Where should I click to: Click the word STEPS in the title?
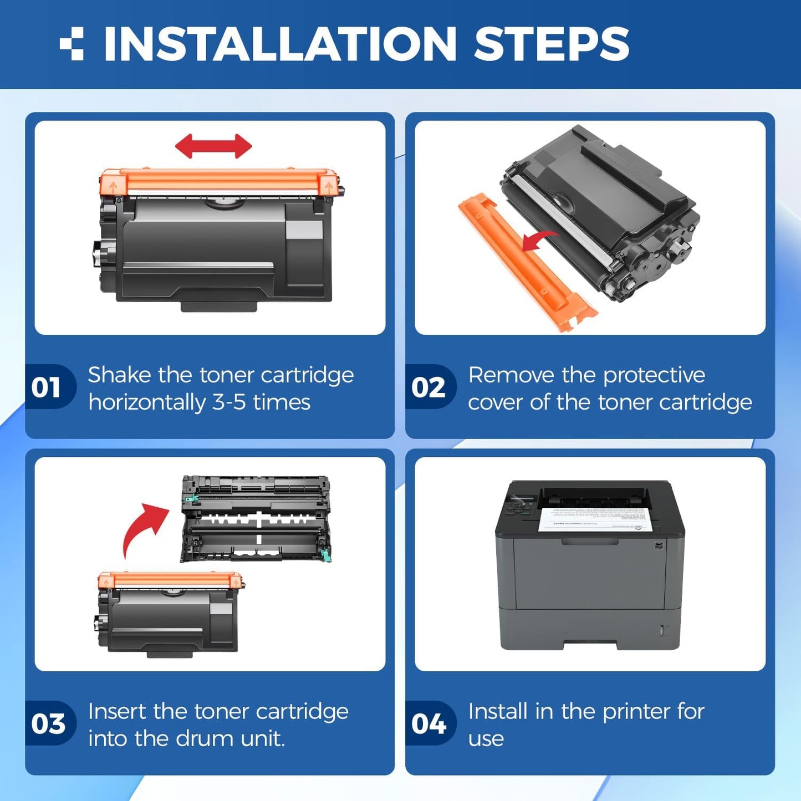551,44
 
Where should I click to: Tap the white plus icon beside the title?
72,44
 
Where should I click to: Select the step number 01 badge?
47,387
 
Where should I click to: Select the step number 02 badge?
428,387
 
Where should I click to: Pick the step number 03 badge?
48,723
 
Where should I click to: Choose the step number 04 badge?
428,723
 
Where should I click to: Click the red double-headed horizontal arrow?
213,146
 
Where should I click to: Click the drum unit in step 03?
256,518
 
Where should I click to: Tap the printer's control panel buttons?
516,507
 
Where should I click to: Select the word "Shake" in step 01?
119,375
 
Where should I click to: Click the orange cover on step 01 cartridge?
219,182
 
